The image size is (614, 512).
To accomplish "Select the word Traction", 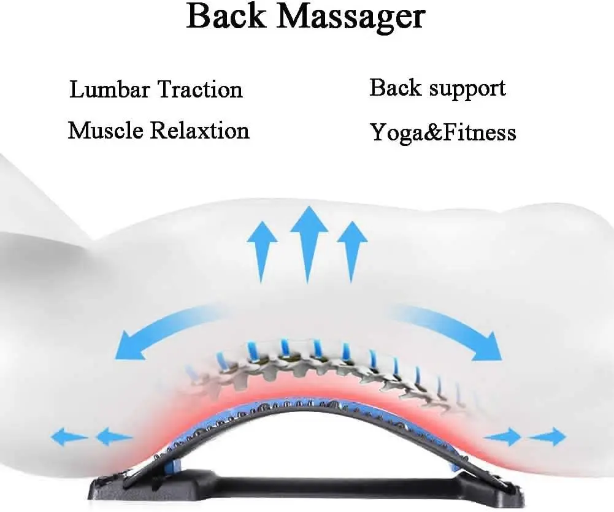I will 200,90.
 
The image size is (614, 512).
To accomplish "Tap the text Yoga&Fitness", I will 443,132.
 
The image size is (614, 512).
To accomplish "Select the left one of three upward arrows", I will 262,250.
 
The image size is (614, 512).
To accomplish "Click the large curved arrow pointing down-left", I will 166,331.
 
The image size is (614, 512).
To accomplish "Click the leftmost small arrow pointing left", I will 69,437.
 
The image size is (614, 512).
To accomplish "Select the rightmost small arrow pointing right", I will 548,437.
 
